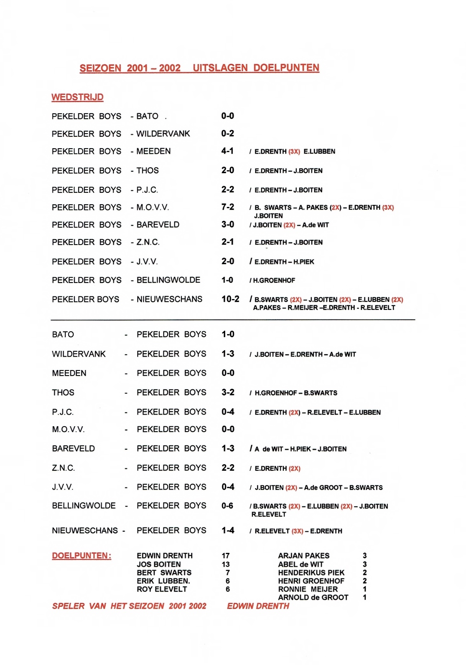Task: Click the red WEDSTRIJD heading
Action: (77, 97)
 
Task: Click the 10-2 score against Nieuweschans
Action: (230, 299)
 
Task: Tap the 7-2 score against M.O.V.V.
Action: (227, 207)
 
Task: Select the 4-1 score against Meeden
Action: (227, 151)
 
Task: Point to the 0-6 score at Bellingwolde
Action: (227, 506)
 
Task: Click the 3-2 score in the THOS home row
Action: (228, 392)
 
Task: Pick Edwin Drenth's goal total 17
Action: (226, 556)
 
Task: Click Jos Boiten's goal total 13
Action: (226, 564)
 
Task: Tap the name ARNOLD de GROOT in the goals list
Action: (313, 597)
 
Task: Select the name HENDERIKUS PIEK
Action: (311, 572)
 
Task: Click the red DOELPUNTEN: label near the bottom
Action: (82, 556)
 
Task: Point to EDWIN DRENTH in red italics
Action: (258, 606)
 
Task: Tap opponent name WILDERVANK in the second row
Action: (163, 134)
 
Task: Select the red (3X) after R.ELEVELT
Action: (297, 531)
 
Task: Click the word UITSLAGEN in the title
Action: (220, 68)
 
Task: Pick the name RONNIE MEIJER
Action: (308, 589)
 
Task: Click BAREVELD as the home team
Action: (73, 448)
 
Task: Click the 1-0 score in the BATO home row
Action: (228, 334)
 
